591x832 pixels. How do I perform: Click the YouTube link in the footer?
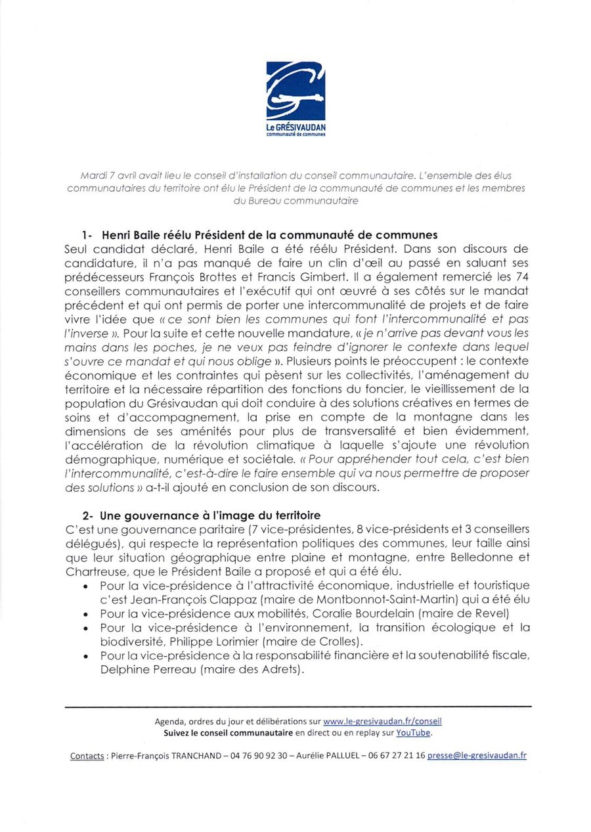[414, 733]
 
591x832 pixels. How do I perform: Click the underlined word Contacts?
[87, 756]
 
